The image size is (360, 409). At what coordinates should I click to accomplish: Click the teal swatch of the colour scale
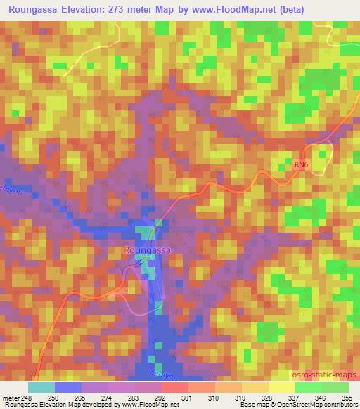tap(41, 387)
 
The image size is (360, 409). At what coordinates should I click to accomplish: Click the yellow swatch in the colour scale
tap(281, 387)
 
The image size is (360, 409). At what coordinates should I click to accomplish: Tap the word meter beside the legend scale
tap(11, 397)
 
